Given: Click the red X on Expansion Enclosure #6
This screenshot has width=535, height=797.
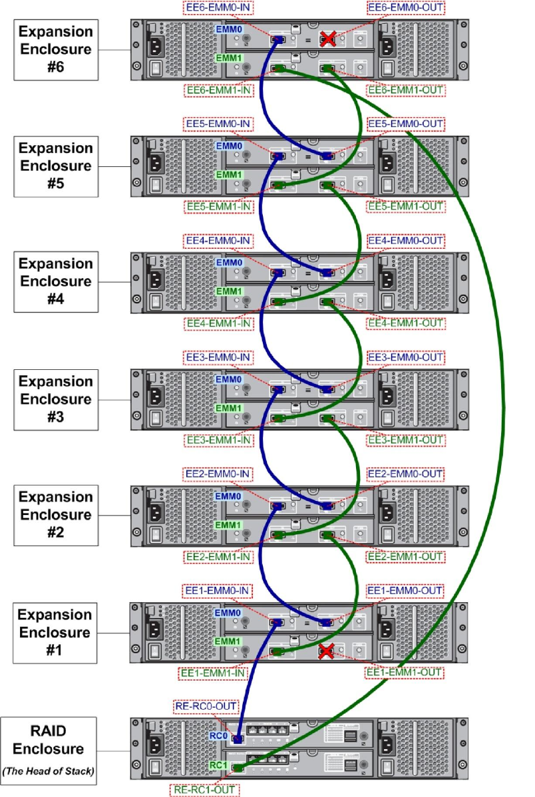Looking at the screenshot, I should (327, 39).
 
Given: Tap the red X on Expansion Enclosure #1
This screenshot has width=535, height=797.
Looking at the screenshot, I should (326, 651).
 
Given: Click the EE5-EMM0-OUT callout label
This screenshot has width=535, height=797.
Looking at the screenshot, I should (405, 124).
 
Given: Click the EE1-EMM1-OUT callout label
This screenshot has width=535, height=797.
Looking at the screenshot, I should (405, 673).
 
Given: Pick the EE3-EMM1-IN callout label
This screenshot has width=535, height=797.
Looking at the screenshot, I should (216, 440).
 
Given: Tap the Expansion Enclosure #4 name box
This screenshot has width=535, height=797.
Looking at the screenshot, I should (55, 281).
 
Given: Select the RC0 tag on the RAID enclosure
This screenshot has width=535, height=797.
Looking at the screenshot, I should (219, 736).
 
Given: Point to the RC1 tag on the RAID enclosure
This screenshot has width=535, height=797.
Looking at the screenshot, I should (219, 766).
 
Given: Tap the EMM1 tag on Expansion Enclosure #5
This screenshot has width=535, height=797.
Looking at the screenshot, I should (228, 174).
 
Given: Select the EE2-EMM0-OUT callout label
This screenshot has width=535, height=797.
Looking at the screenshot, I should (405, 474).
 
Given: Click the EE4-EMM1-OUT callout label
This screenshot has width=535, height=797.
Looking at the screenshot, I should (405, 323).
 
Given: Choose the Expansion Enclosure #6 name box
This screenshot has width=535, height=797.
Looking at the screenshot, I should (55, 49).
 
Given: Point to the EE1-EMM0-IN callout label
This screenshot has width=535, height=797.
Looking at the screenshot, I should (216, 590).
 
